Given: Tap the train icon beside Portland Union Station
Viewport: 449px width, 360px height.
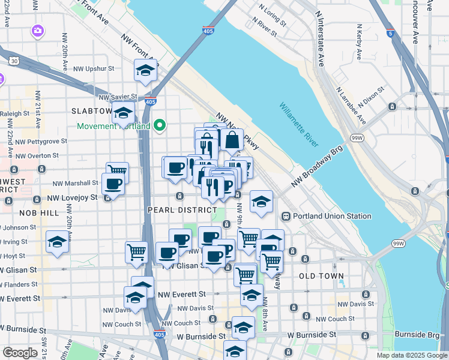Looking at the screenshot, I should (x=286, y=216).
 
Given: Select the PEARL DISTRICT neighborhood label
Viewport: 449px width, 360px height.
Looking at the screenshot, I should (x=182, y=210).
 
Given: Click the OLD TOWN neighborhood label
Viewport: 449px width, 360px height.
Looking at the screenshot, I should (x=321, y=276).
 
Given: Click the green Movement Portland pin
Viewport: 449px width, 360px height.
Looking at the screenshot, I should (x=159, y=125).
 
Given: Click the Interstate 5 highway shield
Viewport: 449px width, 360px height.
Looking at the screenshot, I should (x=391, y=34).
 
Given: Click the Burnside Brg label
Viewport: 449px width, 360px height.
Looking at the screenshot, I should (x=415, y=334).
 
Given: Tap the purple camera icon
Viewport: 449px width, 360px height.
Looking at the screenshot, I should (x=38, y=30).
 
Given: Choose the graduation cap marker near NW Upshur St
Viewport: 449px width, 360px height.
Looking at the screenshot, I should (x=145, y=72).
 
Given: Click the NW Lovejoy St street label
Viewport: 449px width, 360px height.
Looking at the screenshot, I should (x=66, y=197).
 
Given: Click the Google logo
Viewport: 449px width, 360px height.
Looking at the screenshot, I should (x=20, y=353).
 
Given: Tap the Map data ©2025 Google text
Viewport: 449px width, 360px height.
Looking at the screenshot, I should (x=411, y=355).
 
